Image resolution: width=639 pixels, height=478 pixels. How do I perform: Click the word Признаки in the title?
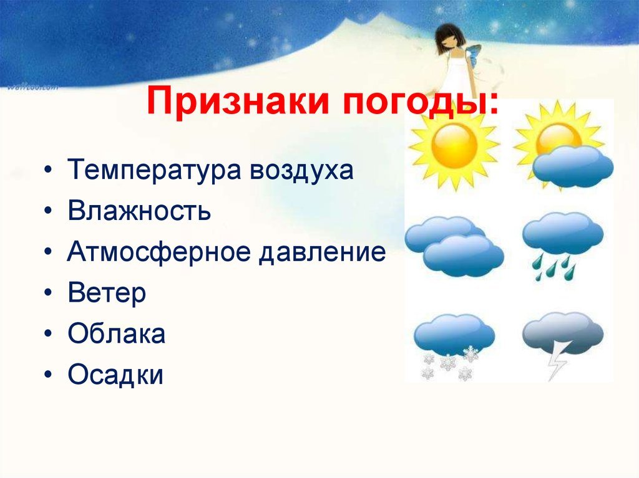[238, 100]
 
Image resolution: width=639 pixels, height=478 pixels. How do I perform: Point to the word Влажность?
[139, 210]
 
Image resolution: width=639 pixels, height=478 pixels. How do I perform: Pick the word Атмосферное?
[159, 252]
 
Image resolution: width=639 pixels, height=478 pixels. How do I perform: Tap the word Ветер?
[107, 293]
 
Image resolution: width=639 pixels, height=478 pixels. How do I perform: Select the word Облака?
[117, 334]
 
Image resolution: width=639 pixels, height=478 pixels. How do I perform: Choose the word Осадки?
[115, 374]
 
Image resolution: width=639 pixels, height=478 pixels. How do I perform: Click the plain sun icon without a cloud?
[454, 145]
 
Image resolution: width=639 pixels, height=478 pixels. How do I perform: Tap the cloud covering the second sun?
[573, 166]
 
